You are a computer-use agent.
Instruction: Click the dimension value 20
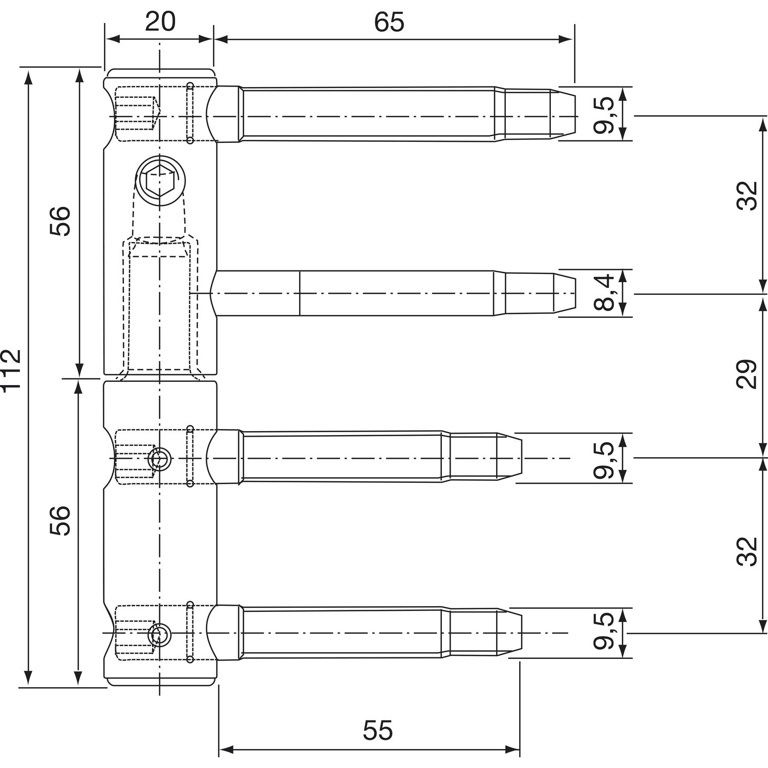(160, 22)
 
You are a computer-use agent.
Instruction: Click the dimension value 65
(389, 22)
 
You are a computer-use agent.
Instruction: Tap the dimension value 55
(378, 731)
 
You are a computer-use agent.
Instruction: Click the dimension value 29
(747, 374)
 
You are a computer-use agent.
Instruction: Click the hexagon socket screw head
(160, 181)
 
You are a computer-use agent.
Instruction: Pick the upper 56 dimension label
(59, 221)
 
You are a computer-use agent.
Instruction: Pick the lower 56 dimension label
(59, 521)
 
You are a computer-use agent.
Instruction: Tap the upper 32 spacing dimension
(747, 195)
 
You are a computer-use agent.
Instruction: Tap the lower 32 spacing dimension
(747, 551)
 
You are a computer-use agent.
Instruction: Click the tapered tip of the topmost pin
(563, 116)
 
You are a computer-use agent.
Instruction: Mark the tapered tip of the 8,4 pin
(564, 293)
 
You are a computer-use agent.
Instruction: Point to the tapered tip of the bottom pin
(509, 632)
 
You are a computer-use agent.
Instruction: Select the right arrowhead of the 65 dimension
(565, 39)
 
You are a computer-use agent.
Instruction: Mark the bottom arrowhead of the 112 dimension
(29, 678)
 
